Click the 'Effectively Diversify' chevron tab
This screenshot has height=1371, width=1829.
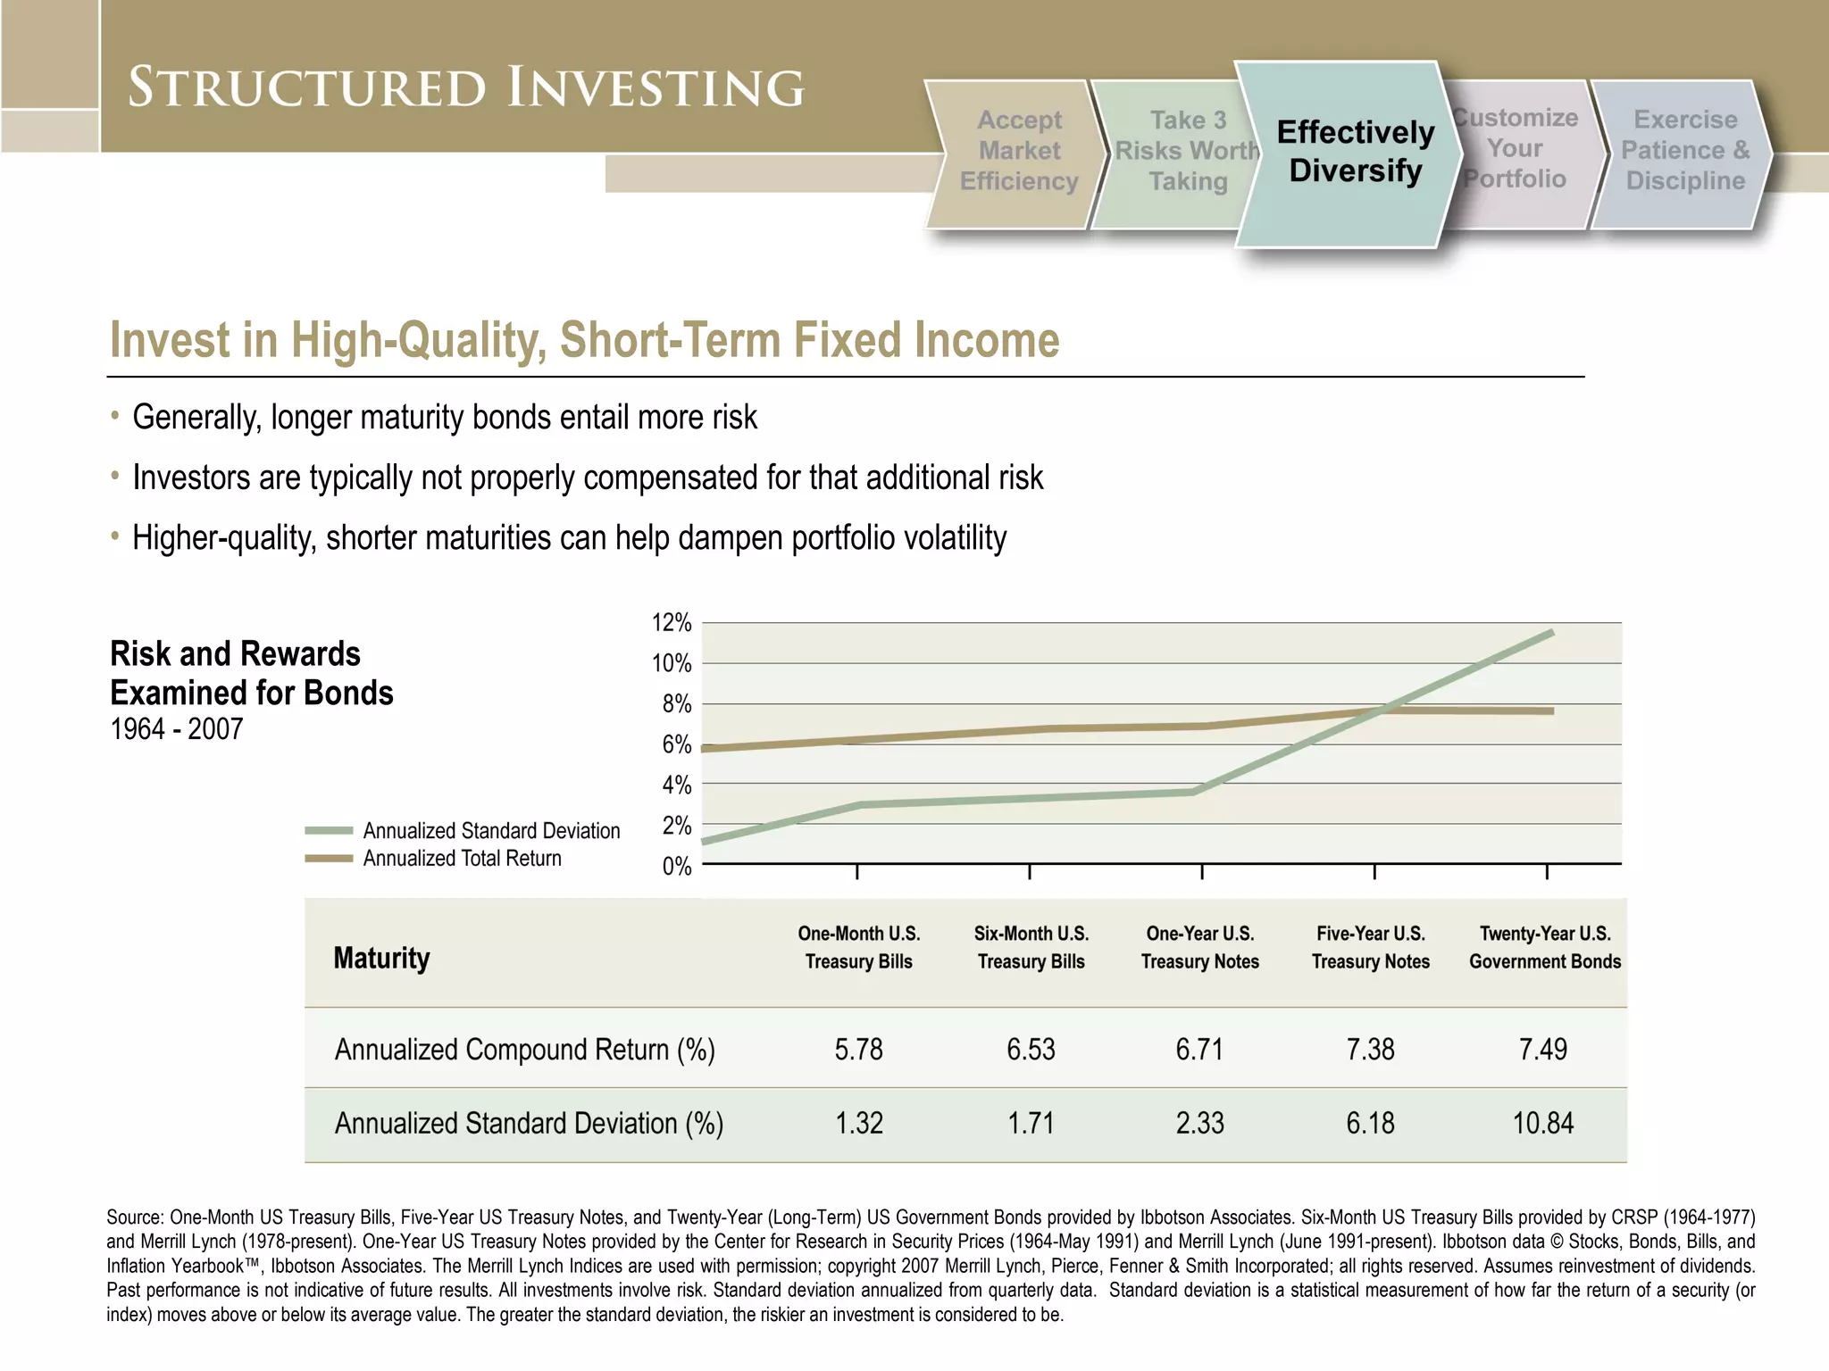pyautogui.click(x=1355, y=152)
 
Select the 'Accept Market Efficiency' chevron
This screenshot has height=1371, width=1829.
pyautogui.click(x=1019, y=151)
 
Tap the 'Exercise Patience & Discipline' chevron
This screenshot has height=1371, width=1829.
pyautogui.click(x=1684, y=151)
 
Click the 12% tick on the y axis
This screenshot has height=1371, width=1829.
pyautogui.click(x=672, y=623)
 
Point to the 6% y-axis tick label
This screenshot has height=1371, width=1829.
pyautogui.click(x=676, y=745)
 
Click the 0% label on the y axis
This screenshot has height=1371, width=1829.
pyautogui.click(x=676, y=867)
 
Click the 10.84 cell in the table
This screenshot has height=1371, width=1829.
pyautogui.click(x=1542, y=1123)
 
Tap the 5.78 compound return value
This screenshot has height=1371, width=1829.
pyautogui.click(x=858, y=1049)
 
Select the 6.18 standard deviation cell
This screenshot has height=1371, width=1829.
pyautogui.click(x=1370, y=1123)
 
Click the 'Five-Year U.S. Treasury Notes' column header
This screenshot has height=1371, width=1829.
pyautogui.click(x=1370, y=947)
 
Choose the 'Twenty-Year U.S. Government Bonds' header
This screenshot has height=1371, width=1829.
pyautogui.click(x=1544, y=947)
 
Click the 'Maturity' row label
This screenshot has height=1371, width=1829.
pyautogui.click(x=381, y=959)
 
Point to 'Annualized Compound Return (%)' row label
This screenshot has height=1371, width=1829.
pyautogui.click(x=524, y=1050)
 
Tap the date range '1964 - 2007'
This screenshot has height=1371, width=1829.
pyautogui.click(x=176, y=729)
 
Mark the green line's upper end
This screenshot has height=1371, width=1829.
pyautogui.click(x=1551, y=633)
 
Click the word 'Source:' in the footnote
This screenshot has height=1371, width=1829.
pyautogui.click(x=135, y=1217)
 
